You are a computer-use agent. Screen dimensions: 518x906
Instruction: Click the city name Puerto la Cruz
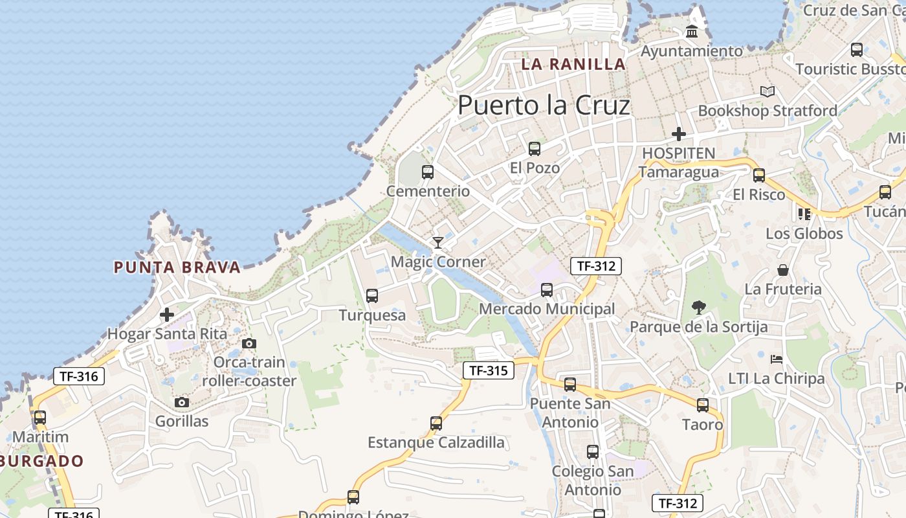544,106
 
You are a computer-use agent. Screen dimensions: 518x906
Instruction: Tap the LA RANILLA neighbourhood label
573,64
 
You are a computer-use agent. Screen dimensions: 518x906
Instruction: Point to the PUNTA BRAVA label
177,267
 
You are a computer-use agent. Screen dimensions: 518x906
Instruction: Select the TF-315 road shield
489,370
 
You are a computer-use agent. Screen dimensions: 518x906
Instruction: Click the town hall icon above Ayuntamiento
692,31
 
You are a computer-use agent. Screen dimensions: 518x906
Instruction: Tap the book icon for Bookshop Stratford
768,92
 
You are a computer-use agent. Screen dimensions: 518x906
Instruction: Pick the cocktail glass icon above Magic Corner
438,243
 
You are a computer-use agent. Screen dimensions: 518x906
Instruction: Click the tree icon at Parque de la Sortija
698,308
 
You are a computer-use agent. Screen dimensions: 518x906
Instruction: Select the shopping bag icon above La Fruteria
783,270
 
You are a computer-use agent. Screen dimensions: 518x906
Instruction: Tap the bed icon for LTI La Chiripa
777,359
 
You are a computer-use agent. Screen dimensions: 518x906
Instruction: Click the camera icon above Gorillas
182,403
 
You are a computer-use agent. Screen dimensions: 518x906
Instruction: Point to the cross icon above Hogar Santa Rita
167,315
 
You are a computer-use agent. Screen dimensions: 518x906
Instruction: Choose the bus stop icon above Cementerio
428,172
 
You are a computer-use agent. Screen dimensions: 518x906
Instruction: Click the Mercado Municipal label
547,309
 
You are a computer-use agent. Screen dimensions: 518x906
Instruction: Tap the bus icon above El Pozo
535,149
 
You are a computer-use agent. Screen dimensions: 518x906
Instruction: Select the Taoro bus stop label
702,425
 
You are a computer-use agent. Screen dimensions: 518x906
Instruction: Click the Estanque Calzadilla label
436,443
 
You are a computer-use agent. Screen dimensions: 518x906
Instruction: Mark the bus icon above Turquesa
372,296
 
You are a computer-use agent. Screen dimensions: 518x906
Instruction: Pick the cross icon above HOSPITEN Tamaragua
679,135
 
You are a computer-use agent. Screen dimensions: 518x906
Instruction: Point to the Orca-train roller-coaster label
249,371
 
